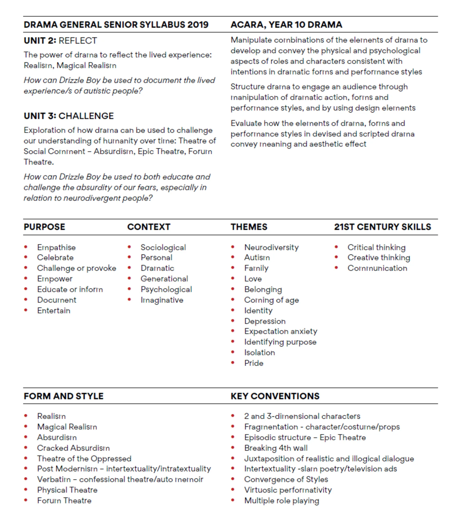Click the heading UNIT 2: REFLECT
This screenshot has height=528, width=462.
(60, 41)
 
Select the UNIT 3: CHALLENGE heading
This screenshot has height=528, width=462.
(69, 116)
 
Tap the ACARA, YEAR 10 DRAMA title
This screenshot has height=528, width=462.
(286, 25)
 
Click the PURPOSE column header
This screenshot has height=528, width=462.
(44, 227)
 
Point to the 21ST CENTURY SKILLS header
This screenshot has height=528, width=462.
(382, 227)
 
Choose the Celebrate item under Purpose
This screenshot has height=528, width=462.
(55, 257)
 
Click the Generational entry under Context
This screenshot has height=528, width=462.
(164, 279)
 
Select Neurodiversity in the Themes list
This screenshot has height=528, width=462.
(271, 247)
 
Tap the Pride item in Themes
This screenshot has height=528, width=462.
(253, 363)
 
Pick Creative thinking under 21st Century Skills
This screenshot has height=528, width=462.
(379, 257)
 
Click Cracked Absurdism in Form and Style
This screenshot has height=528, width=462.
(73, 448)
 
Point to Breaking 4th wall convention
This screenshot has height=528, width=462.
(276, 448)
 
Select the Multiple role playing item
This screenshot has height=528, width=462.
(281, 501)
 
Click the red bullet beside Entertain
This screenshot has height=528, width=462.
(26, 310)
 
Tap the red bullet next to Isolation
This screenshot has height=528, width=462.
(233, 352)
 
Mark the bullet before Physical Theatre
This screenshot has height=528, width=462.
(26, 490)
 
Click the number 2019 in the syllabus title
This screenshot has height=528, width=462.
(198, 25)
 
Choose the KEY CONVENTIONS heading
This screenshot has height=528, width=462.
(275, 396)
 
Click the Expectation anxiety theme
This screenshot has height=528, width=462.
(281, 331)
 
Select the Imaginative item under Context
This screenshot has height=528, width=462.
(162, 300)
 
